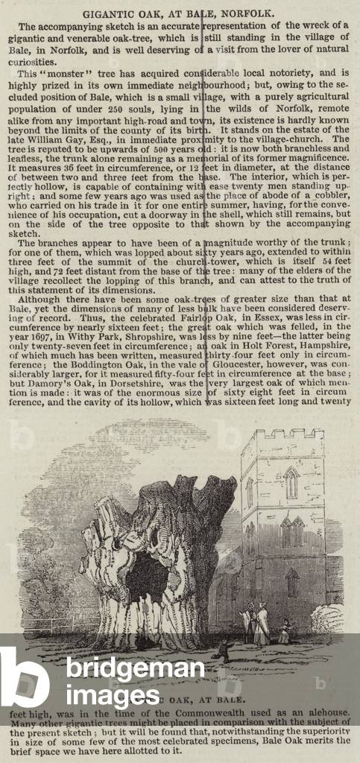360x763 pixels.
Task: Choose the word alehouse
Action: (323, 714)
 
